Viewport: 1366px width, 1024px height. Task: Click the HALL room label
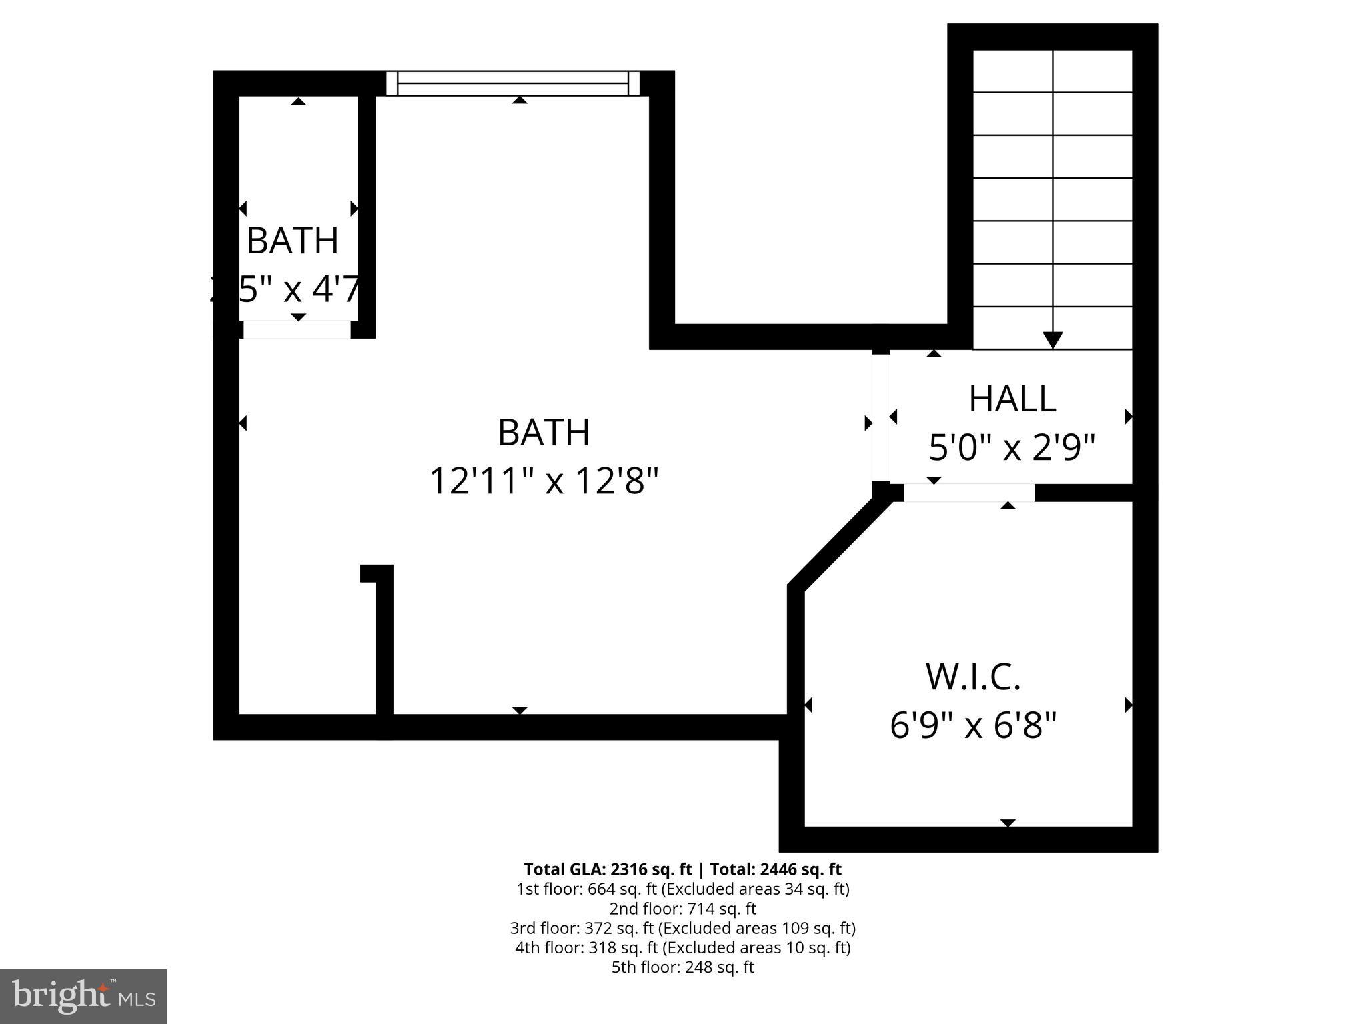(1012, 399)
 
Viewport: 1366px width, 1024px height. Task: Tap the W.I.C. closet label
(973, 677)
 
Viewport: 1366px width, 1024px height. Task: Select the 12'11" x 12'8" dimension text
(544, 481)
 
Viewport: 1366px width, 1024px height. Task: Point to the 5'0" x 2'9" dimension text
(1012, 447)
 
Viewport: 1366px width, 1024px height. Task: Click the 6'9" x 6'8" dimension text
(973, 725)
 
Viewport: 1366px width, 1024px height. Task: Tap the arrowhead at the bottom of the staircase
(1053, 340)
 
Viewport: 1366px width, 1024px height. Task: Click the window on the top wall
(513, 83)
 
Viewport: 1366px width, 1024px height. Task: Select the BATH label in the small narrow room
(293, 241)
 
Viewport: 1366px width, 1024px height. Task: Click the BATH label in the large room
(544, 433)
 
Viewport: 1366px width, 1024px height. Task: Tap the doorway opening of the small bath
(296, 329)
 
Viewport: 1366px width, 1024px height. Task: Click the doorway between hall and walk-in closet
(968, 493)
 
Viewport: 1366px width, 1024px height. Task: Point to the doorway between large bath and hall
(880, 417)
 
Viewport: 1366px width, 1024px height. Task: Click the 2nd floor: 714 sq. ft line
(682, 908)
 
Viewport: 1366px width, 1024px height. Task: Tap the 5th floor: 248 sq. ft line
(682, 967)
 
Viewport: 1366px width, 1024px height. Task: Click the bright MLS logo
(83, 996)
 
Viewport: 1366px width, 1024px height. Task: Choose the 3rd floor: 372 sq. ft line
(682, 927)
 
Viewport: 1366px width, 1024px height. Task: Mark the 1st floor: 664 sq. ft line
(682, 889)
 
